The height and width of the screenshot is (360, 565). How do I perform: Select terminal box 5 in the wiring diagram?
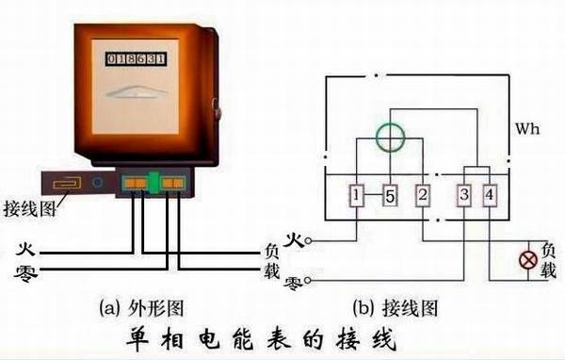[x=392, y=196]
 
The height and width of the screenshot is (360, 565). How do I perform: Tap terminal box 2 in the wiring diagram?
[x=423, y=196]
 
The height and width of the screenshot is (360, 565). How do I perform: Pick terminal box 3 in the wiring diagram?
[x=465, y=196]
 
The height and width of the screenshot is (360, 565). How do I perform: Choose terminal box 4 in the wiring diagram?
[x=490, y=196]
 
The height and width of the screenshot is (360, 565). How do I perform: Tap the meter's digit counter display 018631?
[x=137, y=58]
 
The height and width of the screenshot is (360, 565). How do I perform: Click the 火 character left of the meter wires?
[x=26, y=251]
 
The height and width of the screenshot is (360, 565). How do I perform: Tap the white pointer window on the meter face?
[x=137, y=92]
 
